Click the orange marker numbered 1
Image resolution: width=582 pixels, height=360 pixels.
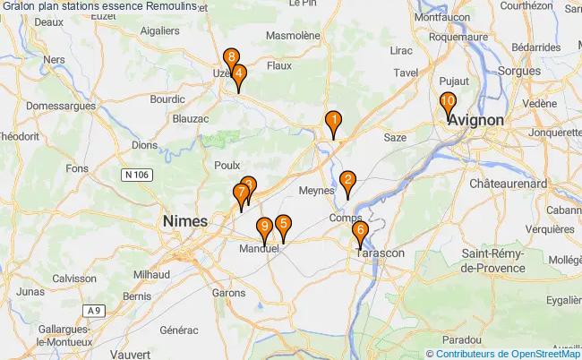point(333,121)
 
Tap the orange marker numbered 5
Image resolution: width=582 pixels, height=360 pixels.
point(283,226)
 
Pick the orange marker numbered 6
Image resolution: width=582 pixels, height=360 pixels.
point(360,232)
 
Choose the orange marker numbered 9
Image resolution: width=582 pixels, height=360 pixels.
point(264,227)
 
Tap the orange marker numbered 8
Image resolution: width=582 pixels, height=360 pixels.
point(231,59)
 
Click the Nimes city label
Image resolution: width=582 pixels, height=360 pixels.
point(184,220)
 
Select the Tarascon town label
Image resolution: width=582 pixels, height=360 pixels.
point(381,253)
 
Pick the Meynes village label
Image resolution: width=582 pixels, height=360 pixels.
point(315,190)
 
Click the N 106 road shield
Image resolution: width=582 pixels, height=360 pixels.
point(136,175)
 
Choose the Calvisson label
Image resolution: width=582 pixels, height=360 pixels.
point(73,278)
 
